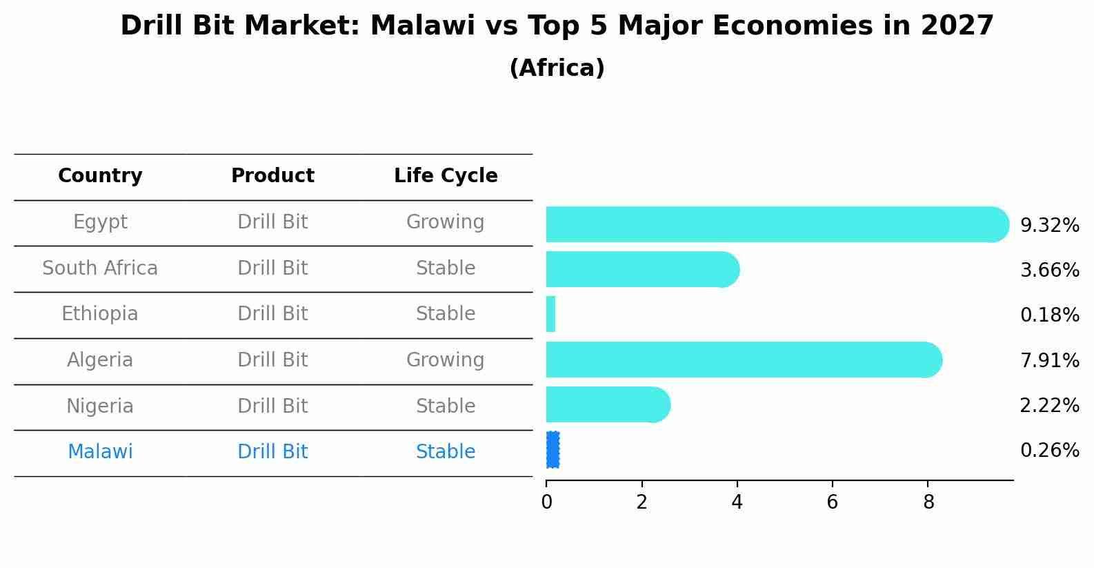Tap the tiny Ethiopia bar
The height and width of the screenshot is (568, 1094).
point(550,315)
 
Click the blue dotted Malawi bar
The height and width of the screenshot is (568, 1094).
point(553,450)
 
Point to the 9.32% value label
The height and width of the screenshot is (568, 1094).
point(1049,226)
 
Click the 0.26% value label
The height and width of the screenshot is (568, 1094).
point(1049,451)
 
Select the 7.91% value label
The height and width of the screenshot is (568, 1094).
point(1049,360)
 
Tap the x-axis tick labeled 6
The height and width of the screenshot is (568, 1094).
point(832,502)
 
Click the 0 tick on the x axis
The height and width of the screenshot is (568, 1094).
point(546,502)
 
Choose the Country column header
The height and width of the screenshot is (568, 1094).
point(100,176)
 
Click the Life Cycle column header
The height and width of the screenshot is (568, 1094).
point(446,176)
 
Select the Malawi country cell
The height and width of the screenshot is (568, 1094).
point(100,452)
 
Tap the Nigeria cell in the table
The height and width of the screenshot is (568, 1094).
point(100,406)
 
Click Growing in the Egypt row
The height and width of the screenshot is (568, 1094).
point(445,222)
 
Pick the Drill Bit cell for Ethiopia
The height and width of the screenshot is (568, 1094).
point(272,314)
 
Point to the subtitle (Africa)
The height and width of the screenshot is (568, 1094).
point(557,68)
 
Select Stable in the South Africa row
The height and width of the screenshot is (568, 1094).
point(445,268)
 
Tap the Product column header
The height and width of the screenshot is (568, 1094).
point(272,176)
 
